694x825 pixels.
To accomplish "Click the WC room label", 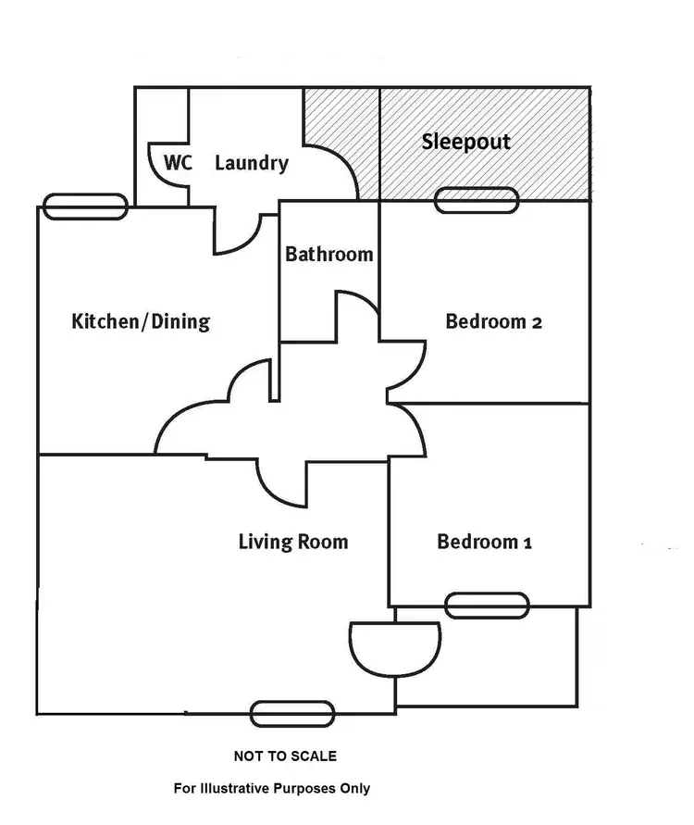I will (x=178, y=163).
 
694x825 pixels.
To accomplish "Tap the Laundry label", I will (x=252, y=163).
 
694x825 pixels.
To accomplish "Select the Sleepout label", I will (x=466, y=143).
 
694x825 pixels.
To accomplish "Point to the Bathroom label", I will (x=329, y=254).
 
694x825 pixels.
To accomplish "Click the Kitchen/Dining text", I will (x=141, y=322).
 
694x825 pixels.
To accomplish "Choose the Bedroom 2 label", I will (x=494, y=322).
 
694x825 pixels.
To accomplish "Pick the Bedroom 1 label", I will (x=485, y=542).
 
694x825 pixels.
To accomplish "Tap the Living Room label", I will (x=293, y=542).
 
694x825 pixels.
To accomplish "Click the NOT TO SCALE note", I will (x=285, y=756).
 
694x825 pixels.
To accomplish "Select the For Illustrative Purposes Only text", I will (x=272, y=788).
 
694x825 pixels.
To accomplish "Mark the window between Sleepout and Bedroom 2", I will (x=477, y=200).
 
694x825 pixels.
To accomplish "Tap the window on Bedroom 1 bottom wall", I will (x=487, y=606).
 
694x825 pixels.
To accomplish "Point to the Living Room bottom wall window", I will (x=292, y=713).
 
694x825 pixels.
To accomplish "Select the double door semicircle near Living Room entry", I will (x=395, y=644).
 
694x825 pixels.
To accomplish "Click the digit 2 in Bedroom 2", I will (x=537, y=322).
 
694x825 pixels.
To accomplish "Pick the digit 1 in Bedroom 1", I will (x=527, y=543).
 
